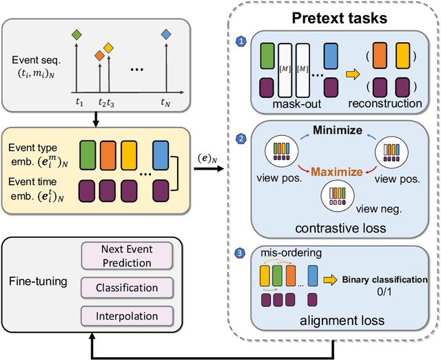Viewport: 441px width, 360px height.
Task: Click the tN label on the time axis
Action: pyautogui.click(x=165, y=103)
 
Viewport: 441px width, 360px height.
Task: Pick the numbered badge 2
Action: pyautogui.click(x=240, y=139)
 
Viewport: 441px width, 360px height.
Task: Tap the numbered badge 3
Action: pyautogui.click(x=240, y=253)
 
